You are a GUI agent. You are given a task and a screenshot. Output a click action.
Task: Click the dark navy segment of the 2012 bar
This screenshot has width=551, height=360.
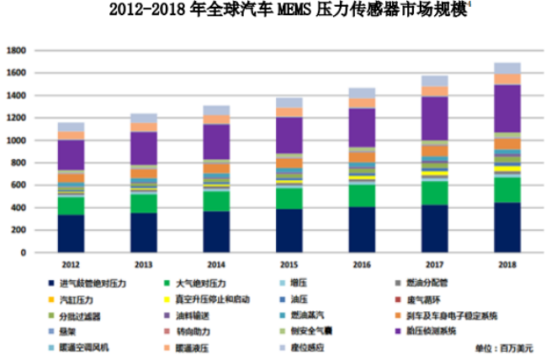[71, 234]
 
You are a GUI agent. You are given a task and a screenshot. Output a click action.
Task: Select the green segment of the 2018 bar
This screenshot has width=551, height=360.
[507, 190]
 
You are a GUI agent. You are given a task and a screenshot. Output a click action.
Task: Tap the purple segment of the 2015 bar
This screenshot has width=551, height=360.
[289, 135]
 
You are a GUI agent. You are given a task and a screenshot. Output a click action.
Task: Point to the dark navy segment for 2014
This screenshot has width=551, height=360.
[216, 231]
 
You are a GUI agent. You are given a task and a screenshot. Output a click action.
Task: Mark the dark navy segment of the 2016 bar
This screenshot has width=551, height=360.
[362, 230]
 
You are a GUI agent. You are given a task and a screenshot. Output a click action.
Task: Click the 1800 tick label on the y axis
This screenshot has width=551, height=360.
[17, 51]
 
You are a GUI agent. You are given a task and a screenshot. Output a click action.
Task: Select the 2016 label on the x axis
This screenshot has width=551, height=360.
[362, 265]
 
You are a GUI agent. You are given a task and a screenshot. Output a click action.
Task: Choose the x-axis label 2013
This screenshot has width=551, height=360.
[144, 265]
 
